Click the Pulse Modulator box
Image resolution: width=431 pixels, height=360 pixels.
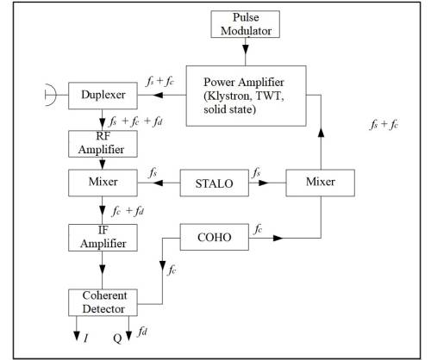[x=246, y=24]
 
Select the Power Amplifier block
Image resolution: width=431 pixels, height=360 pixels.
[x=247, y=96]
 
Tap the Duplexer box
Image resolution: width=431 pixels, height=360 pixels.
[x=103, y=96]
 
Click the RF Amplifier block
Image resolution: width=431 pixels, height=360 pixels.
[x=103, y=144]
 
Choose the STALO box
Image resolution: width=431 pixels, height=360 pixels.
[x=215, y=183]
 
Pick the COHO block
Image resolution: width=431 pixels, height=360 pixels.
[x=215, y=237]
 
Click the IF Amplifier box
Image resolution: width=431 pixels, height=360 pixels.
[x=103, y=238]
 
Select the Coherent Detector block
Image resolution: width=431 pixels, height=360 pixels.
[x=103, y=302]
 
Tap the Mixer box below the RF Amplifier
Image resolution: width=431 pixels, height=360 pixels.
[x=103, y=183]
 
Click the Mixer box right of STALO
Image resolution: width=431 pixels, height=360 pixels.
[x=321, y=183]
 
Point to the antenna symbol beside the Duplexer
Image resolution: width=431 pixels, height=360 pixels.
[x=51, y=95]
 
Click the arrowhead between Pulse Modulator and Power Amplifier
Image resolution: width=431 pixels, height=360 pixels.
[x=246, y=49]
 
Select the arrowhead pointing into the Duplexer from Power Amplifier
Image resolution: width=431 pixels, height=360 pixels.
[x=158, y=95]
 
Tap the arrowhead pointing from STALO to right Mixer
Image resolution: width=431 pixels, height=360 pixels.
[x=264, y=183]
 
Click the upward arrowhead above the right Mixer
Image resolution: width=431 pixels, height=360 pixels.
[x=321, y=133]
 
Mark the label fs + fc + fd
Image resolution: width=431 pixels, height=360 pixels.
[x=135, y=121]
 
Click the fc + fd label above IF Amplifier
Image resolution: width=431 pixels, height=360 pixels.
[x=128, y=211]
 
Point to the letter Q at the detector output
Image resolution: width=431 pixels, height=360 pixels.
[x=117, y=338]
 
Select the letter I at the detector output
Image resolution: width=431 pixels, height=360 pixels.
[x=86, y=338]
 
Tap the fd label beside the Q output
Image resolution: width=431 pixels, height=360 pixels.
[x=142, y=332]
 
